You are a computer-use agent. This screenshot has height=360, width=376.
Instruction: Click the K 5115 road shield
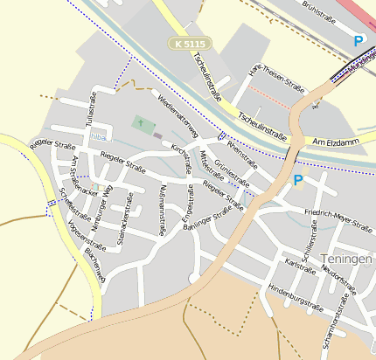pos(191,43)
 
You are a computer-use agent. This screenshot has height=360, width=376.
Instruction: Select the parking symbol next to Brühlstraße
pos(358,40)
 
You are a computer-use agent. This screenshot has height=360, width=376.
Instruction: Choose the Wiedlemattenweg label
pos(178,114)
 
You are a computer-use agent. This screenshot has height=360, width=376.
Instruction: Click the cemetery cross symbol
pos(140,123)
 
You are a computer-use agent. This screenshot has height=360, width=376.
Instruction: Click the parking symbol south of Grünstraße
pos(297,180)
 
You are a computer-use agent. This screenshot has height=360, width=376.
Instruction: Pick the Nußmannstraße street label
pos(164,210)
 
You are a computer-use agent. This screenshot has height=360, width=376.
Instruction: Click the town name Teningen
pos(347,260)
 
